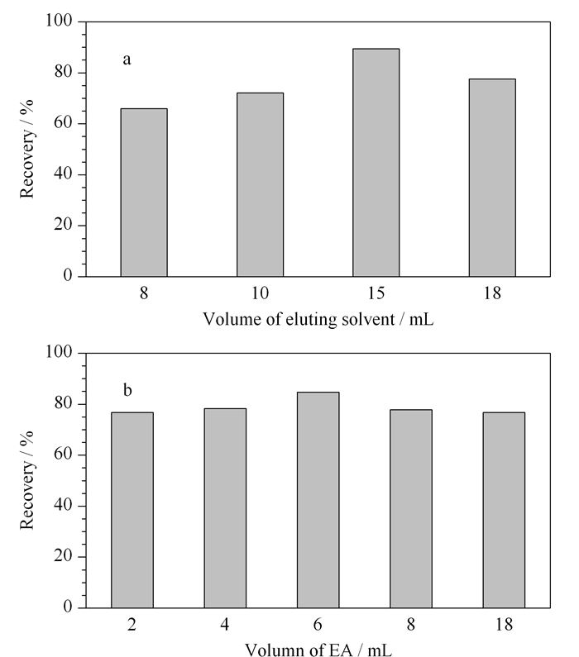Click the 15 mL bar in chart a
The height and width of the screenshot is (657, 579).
click(x=376, y=163)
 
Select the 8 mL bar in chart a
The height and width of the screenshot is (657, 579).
click(x=144, y=193)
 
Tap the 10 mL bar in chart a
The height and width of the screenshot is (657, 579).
click(x=260, y=184)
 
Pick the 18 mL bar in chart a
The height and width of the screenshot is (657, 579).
click(x=492, y=178)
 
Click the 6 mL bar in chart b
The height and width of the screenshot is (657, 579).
click(x=318, y=500)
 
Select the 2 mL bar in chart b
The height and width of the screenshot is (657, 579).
click(x=132, y=510)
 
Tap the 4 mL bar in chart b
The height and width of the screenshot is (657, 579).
click(x=225, y=508)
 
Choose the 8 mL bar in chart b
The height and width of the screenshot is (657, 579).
click(x=411, y=509)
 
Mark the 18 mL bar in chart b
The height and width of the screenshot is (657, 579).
click(x=504, y=510)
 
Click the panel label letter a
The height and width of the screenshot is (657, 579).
click(x=127, y=60)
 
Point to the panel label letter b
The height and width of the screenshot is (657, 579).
click(x=127, y=390)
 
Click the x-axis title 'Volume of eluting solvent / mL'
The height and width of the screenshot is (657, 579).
click(x=318, y=319)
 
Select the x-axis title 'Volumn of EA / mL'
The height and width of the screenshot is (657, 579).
click(x=318, y=650)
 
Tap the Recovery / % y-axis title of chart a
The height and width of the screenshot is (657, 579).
click(x=26, y=149)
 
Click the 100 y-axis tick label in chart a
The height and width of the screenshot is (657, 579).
click(x=59, y=20)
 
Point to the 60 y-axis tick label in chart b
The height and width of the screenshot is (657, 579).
click(x=64, y=455)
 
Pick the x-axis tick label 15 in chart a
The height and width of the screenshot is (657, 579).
click(x=376, y=293)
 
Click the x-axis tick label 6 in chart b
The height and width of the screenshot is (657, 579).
click(x=318, y=625)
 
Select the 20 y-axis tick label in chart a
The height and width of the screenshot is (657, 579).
click(x=64, y=225)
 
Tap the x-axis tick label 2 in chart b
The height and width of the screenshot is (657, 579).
click(x=132, y=625)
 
